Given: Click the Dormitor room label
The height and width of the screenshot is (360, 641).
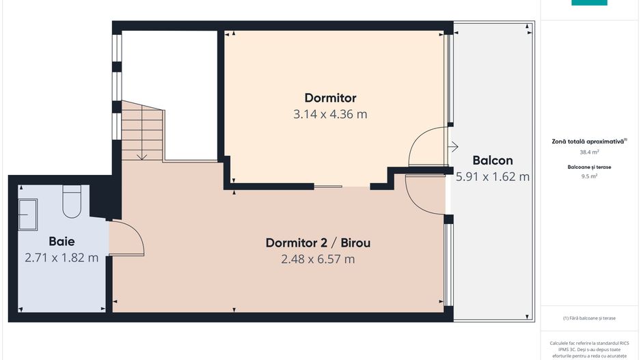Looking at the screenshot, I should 330,98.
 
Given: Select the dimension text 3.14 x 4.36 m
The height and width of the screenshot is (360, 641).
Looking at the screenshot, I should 330,114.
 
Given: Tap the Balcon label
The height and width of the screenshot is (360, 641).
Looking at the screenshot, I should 493,161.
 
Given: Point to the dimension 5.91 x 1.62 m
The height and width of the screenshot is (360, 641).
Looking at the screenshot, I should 493,177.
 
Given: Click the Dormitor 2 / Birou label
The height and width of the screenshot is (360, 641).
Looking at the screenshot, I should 318,243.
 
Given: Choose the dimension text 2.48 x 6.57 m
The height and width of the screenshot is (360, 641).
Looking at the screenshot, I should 318,259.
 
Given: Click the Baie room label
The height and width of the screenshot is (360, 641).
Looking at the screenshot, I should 62,241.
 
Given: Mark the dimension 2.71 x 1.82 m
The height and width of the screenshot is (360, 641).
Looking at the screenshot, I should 62,258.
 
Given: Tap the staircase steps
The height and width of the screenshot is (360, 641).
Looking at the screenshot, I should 142,130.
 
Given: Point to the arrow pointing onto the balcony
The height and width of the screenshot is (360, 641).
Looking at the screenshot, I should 452,146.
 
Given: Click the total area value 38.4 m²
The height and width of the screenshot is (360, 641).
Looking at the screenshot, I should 589,152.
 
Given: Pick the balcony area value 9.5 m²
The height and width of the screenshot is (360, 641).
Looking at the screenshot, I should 589,176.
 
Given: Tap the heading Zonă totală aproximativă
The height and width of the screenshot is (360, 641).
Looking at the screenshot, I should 588,141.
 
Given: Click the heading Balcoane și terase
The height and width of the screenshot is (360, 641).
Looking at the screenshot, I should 589,166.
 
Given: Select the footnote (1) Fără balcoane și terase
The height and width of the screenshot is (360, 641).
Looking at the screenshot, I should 589,318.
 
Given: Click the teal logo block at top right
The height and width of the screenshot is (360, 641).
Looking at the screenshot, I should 589,3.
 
